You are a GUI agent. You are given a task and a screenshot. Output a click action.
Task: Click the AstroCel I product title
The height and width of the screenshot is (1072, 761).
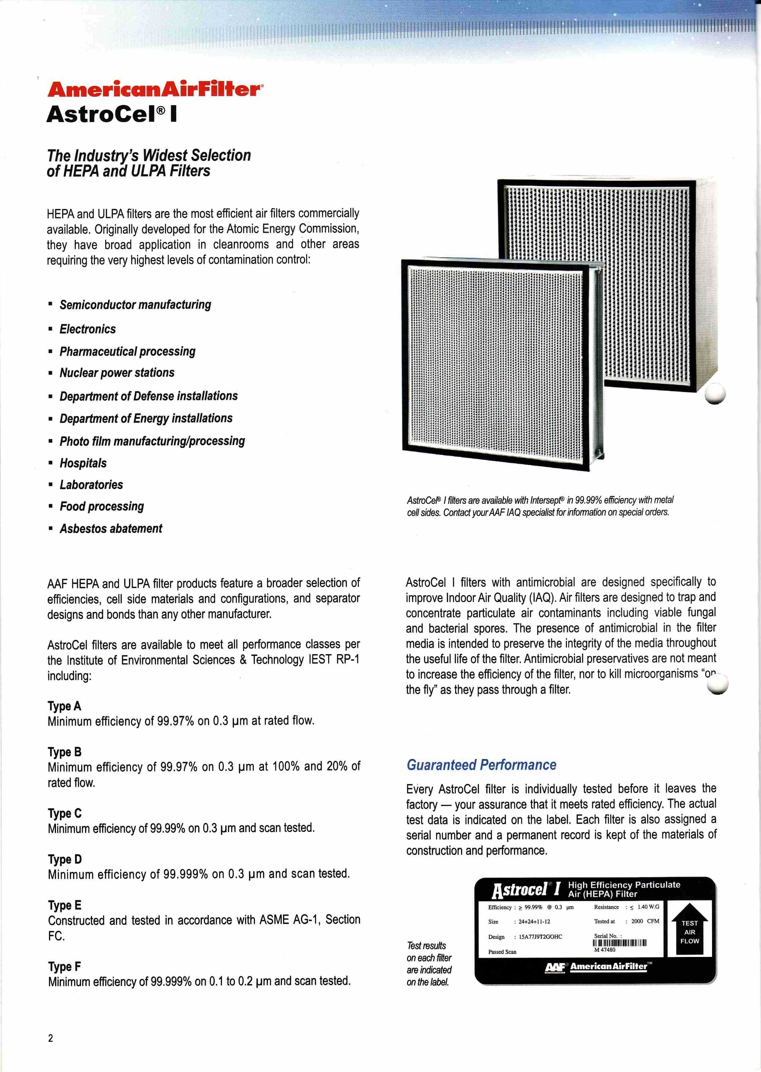click(112, 114)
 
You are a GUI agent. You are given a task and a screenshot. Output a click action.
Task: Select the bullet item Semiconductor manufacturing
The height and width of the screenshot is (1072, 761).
click(135, 305)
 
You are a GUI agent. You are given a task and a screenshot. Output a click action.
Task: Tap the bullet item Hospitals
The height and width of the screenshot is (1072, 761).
click(83, 463)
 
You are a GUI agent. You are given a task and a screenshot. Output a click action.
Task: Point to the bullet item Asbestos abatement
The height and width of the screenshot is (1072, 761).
click(111, 529)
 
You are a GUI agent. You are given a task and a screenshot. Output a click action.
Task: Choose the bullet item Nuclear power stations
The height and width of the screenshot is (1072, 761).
click(117, 373)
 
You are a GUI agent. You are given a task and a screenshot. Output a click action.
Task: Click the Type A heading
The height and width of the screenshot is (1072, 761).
click(64, 706)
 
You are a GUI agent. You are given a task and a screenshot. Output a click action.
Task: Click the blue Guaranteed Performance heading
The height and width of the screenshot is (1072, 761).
click(481, 765)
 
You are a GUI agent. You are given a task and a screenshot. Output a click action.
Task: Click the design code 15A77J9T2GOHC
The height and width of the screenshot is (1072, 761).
click(540, 937)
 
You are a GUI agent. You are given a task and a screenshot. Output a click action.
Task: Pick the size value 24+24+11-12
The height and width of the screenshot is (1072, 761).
click(534, 921)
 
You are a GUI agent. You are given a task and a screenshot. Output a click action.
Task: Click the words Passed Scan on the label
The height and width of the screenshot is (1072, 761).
click(502, 952)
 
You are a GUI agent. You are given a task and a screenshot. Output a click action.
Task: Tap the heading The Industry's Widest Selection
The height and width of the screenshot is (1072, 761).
click(149, 155)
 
